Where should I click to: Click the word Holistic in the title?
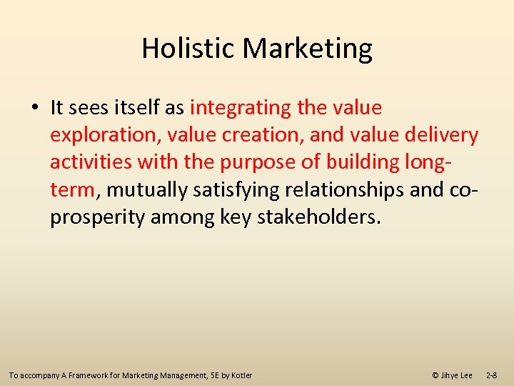tap(188, 49)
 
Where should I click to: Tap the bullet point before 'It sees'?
tap(35, 109)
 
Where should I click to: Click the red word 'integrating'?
tap(241, 108)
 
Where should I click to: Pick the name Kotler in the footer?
tap(241, 375)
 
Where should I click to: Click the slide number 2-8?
tap(492, 375)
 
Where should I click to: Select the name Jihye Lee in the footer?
tap(457, 375)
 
